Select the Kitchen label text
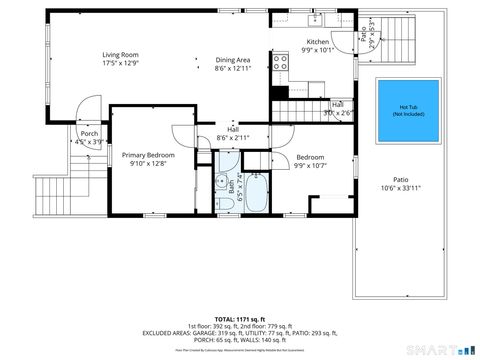click(317, 42)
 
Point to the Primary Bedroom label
click(149, 156)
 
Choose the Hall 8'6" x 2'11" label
click(233, 133)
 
